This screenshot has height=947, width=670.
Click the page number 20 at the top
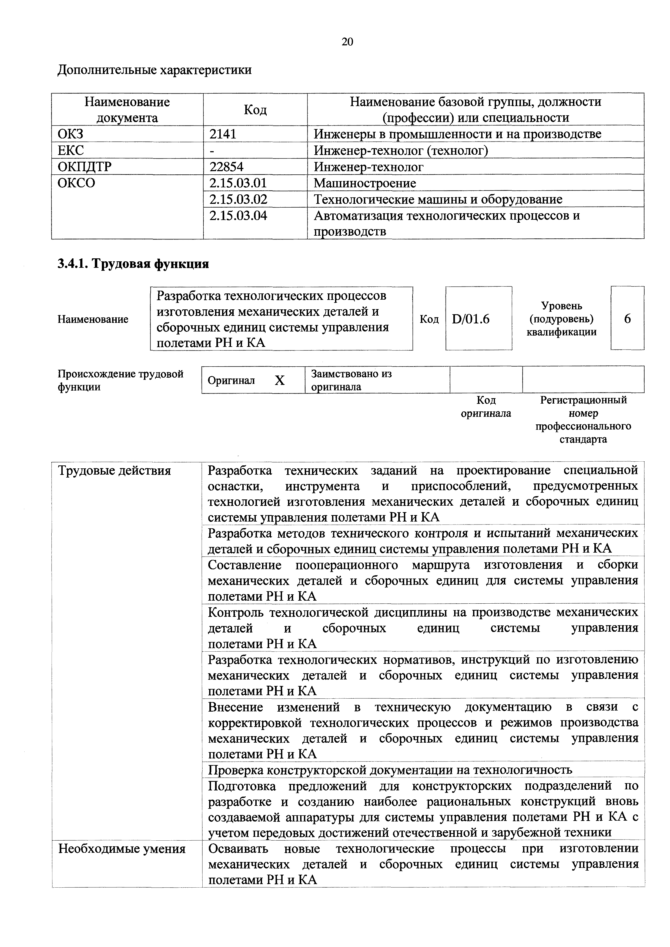[x=347, y=42]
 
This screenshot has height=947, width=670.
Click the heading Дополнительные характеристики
[x=154, y=70]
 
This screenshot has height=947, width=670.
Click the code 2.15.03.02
[x=238, y=199]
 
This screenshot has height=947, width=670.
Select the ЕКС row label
[x=71, y=150]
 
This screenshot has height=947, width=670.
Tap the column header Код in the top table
[x=255, y=110]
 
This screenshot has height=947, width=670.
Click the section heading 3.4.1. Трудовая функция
[x=133, y=263]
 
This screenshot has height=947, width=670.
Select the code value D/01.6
[x=471, y=319]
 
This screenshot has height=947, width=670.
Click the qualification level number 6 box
[x=627, y=319]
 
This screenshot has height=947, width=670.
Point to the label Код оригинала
[x=486, y=406]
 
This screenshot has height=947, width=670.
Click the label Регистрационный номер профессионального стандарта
[x=583, y=419]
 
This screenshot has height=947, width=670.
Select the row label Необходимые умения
[x=122, y=849]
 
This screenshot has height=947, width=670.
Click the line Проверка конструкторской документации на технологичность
[x=390, y=770]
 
